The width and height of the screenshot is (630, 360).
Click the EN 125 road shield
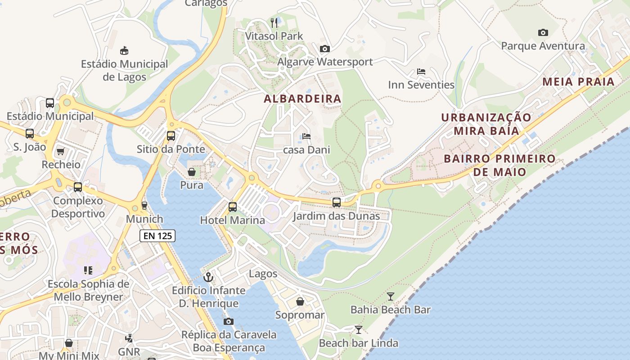[x=157, y=235]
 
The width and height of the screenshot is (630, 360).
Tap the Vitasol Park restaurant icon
[x=274, y=22]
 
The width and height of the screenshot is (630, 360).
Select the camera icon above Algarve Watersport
[x=324, y=49]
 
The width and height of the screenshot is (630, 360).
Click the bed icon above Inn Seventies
[x=421, y=72]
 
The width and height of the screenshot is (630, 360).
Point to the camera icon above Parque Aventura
[x=543, y=32]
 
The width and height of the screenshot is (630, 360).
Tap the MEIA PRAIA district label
[x=578, y=81]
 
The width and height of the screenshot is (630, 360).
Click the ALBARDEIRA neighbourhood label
[x=302, y=99]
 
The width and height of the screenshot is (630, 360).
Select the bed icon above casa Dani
[x=306, y=136]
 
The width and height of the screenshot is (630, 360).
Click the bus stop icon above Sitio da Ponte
[x=171, y=135]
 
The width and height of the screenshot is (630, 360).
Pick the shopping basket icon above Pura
[x=192, y=172]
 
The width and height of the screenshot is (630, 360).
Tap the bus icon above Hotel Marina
[x=232, y=207]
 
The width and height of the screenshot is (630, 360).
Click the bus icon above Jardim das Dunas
[x=337, y=202]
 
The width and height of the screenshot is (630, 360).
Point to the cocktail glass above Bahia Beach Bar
[x=390, y=296]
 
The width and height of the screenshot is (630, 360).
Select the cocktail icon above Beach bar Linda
[x=358, y=330]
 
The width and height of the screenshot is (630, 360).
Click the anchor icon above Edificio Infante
[x=208, y=277]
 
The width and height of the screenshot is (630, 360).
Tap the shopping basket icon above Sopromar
[x=300, y=301]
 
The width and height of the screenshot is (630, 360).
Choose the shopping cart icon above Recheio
[x=61, y=151]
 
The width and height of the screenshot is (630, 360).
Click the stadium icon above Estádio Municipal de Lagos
[x=124, y=50]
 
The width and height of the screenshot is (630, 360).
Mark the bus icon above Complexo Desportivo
[x=78, y=187]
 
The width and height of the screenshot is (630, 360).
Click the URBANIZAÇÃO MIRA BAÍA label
[x=486, y=124]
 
